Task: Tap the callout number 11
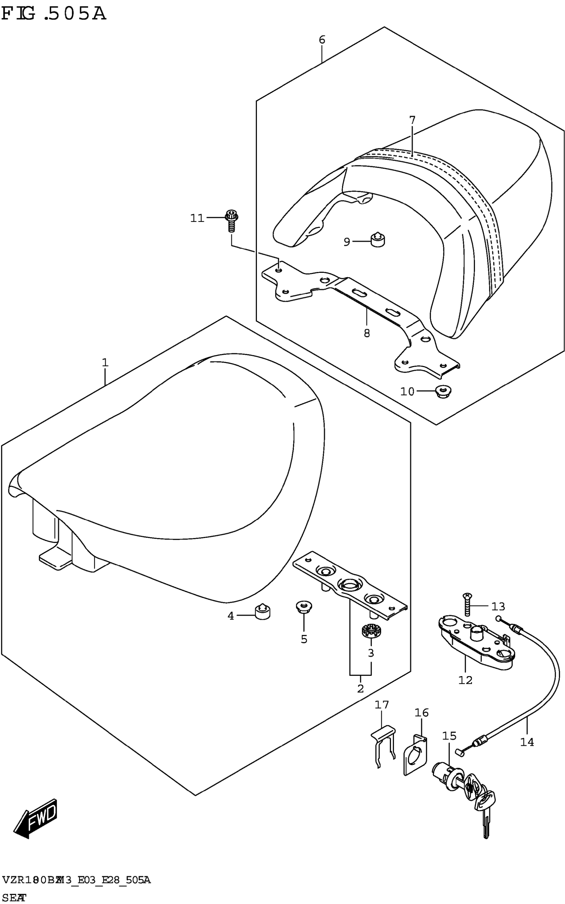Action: click(x=197, y=218)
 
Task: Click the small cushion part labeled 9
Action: click(x=378, y=240)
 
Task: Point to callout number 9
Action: click(x=347, y=242)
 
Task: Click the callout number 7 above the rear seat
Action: click(x=412, y=120)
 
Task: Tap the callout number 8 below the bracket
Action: click(x=367, y=333)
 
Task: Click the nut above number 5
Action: click(x=303, y=607)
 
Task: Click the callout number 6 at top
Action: click(x=322, y=40)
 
